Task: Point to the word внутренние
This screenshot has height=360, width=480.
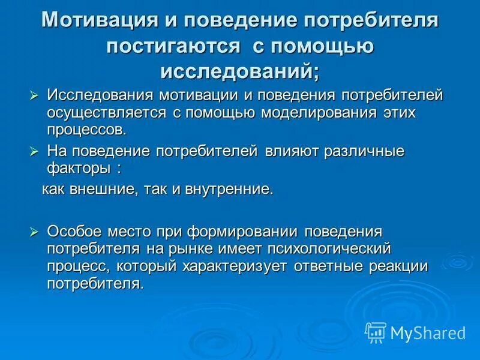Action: [232, 190]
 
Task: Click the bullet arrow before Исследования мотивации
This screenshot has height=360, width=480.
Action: [34, 96]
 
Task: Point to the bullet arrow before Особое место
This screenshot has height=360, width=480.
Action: [34, 232]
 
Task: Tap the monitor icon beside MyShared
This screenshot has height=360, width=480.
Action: [376, 332]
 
